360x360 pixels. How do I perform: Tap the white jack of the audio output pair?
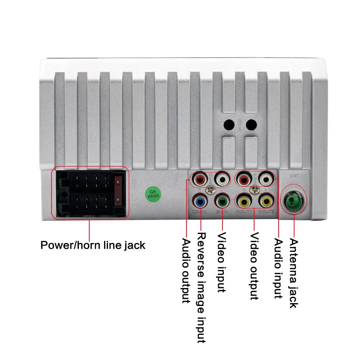pyautogui.click(x=221, y=178)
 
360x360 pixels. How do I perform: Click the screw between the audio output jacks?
pyautogui.click(x=210, y=189)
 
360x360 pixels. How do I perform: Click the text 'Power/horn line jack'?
pyautogui.click(x=93, y=246)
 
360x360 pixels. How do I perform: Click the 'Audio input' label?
pyautogui.click(x=278, y=268)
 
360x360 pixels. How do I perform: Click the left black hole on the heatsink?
pyautogui.click(x=229, y=125)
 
